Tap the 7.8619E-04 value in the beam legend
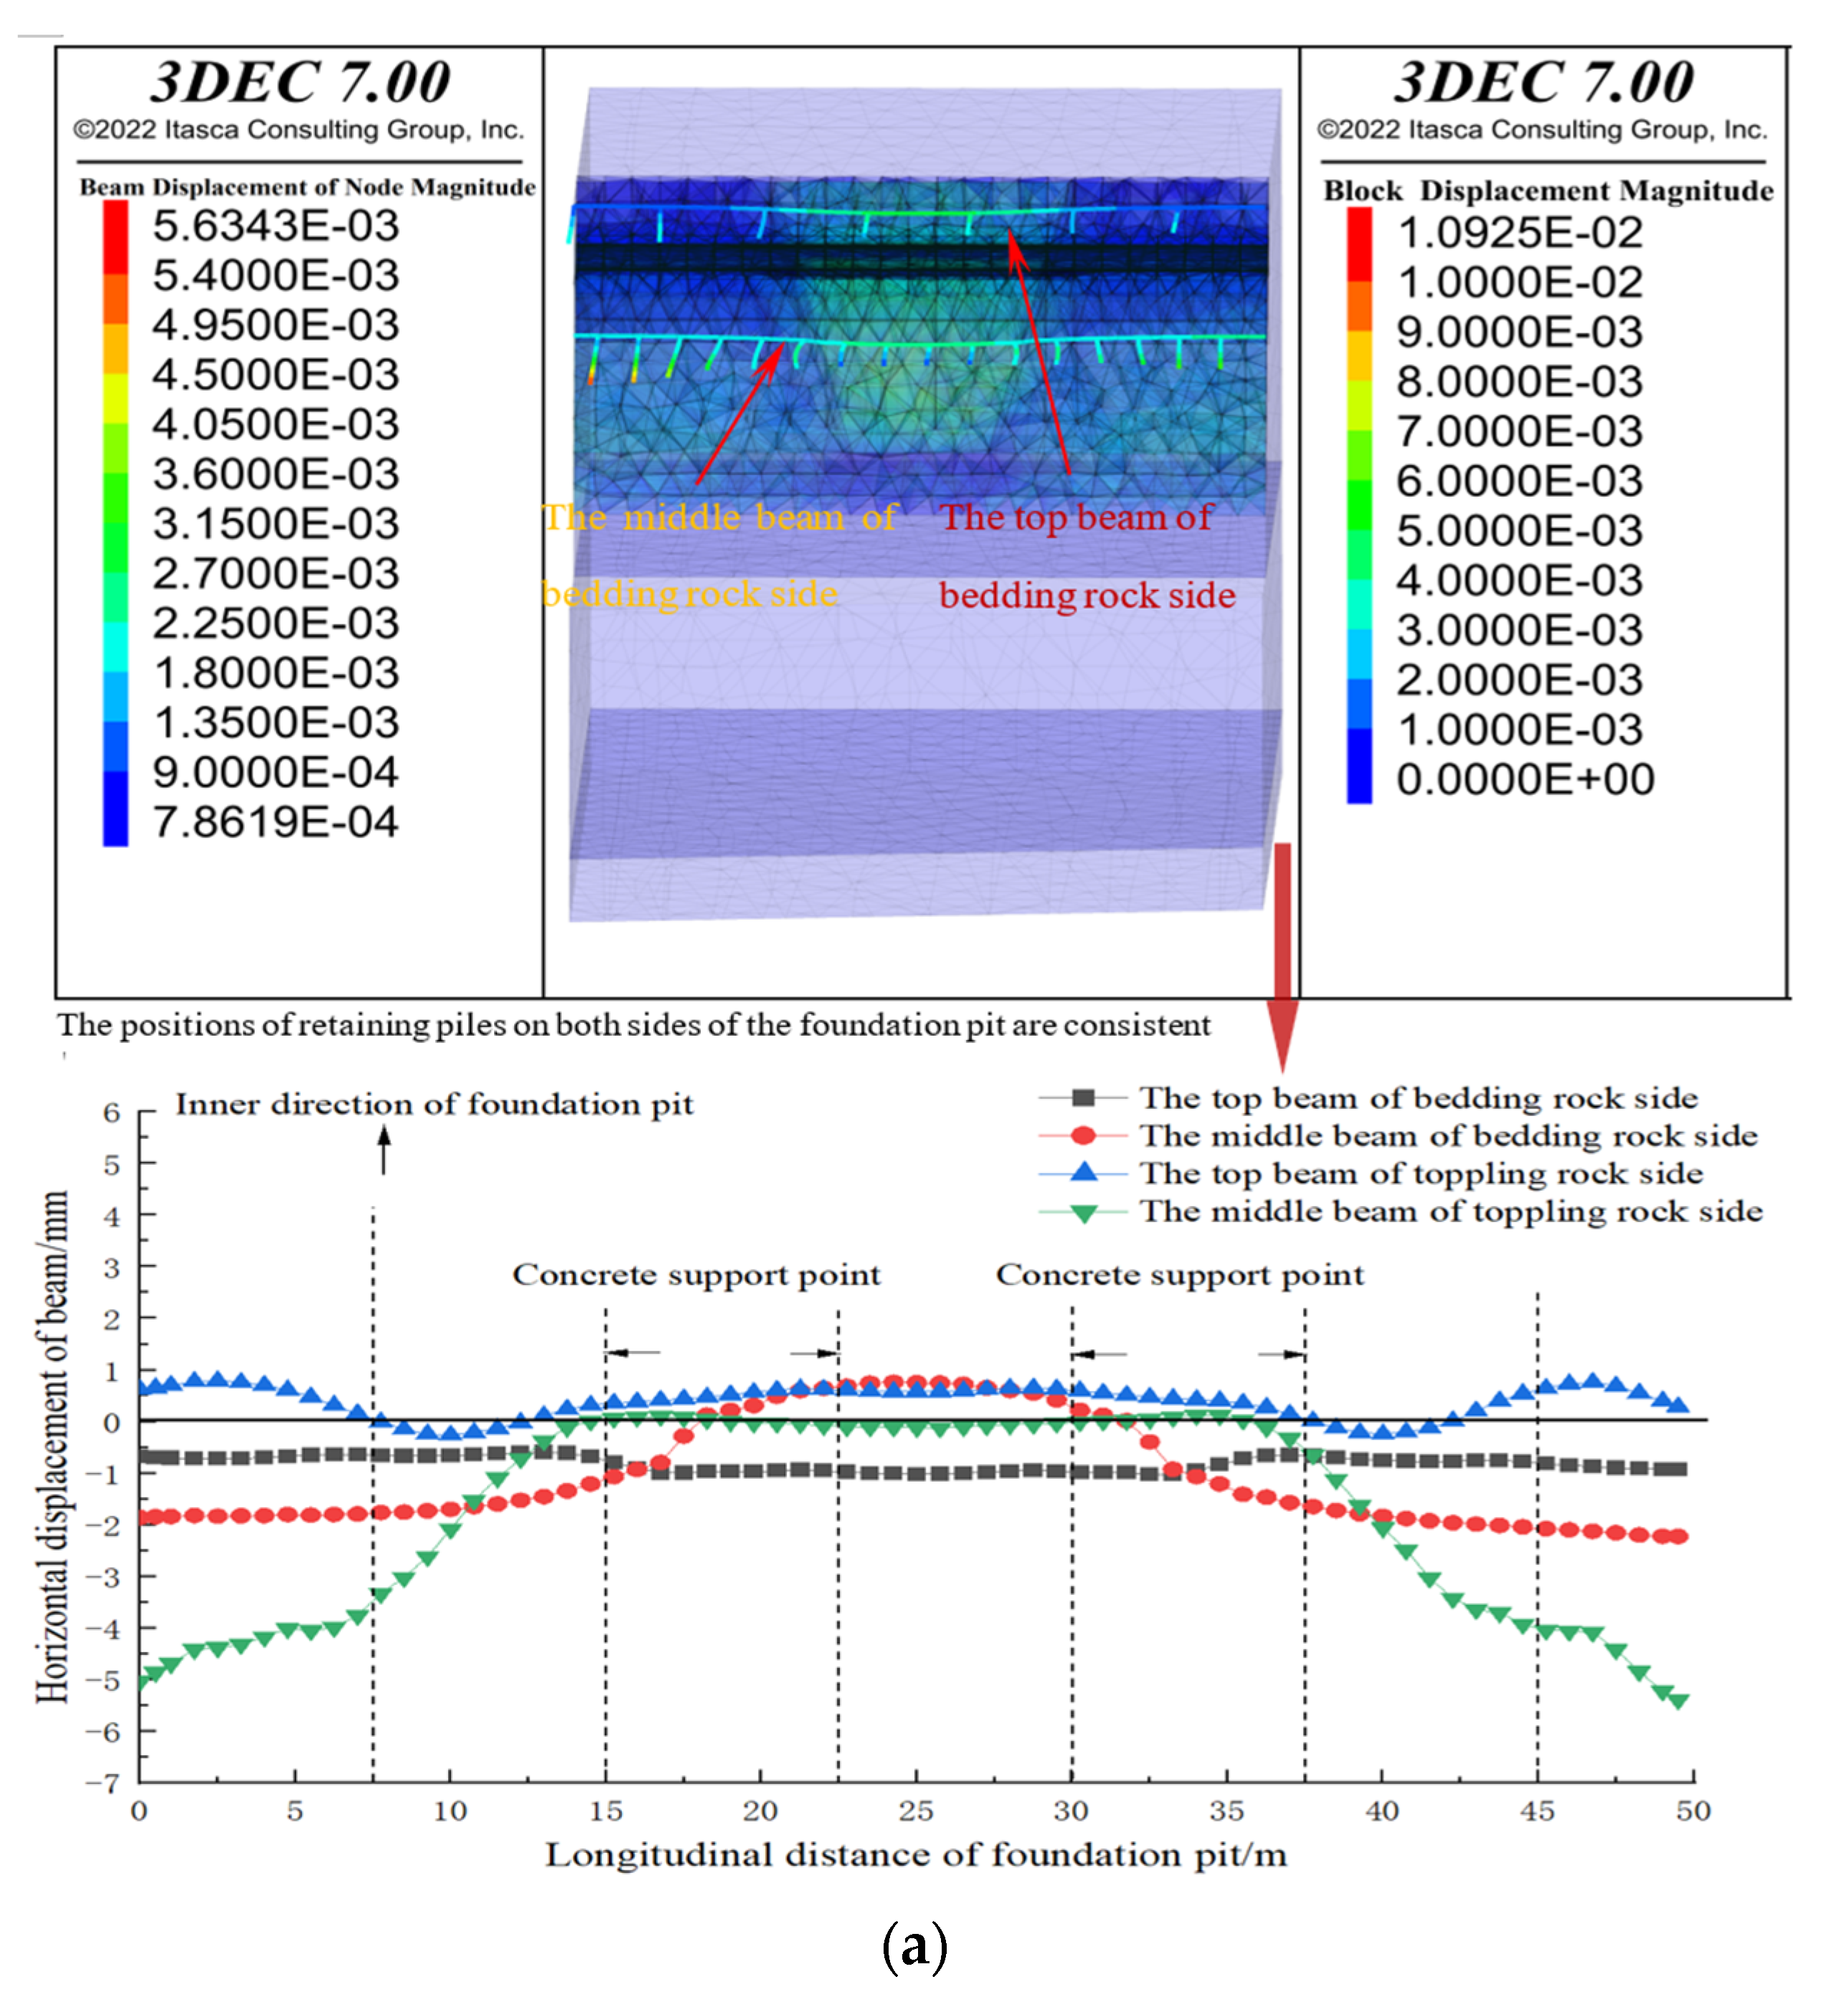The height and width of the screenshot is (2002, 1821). coord(275,822)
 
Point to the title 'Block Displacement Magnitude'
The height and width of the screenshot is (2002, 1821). coord(1547,191)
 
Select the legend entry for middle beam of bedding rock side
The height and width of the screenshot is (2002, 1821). coord(1447,1136)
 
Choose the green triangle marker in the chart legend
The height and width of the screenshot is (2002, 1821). coord(1083,1213)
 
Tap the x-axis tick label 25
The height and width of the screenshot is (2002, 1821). coord(915,1811)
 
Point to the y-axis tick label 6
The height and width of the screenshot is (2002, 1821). coord(111,1112)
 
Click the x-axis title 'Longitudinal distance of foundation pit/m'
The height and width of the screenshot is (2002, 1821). coord(915,1855)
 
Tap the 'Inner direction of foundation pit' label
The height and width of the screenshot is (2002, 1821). coord(434,1105)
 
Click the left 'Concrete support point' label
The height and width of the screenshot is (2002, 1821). coord(696,1275)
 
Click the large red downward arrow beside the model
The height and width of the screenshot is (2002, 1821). coord(1282,953)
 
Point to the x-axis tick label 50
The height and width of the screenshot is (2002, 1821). coord(1692,1811)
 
